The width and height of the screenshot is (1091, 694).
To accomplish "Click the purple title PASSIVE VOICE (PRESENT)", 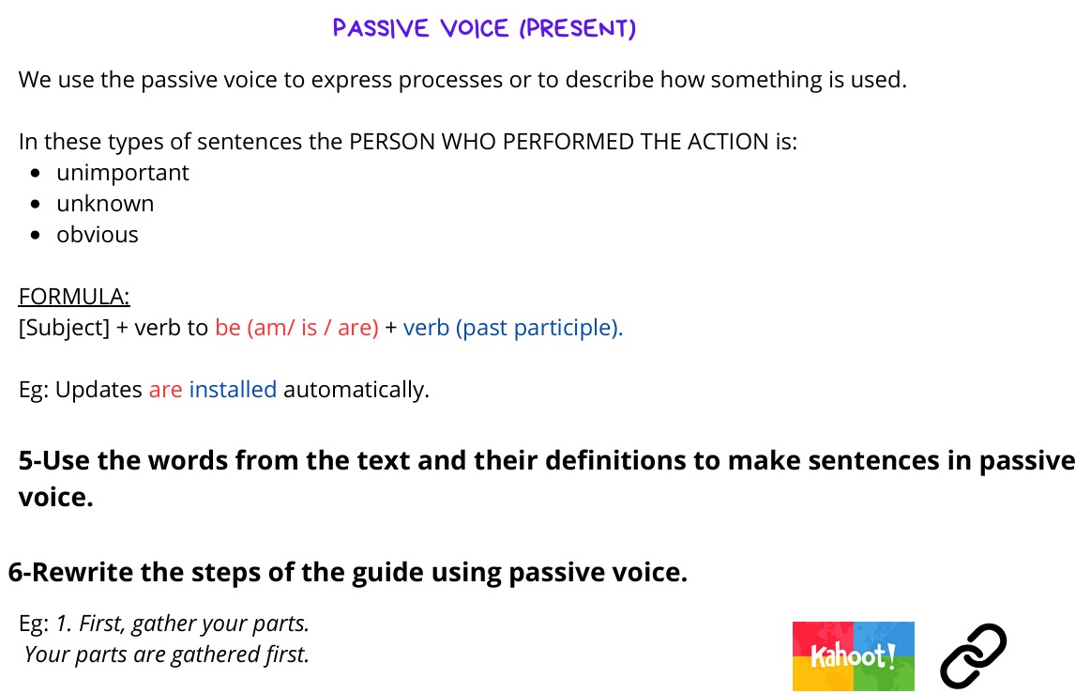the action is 484,28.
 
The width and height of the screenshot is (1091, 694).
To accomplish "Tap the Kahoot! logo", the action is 853,655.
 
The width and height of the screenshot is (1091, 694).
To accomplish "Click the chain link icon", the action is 973,655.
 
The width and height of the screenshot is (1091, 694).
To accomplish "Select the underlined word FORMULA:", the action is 74,296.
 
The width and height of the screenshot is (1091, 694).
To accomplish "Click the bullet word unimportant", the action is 123,173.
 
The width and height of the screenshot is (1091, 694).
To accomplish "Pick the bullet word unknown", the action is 105,204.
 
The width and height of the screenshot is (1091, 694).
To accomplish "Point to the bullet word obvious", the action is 98,235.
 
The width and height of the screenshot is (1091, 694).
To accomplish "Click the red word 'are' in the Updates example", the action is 166,390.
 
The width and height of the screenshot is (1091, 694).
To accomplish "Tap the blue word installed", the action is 233,389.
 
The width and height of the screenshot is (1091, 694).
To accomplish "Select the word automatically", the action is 356,390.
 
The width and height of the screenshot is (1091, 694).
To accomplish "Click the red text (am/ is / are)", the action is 313,328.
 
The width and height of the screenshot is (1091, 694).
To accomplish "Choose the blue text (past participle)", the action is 539,328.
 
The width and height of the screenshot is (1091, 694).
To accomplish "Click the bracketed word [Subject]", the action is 64,328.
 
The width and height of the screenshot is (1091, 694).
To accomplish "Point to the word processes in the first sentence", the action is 450,80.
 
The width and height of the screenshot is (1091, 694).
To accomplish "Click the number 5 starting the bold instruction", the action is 25,460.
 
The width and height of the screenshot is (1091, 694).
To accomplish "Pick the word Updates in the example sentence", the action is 98,390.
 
